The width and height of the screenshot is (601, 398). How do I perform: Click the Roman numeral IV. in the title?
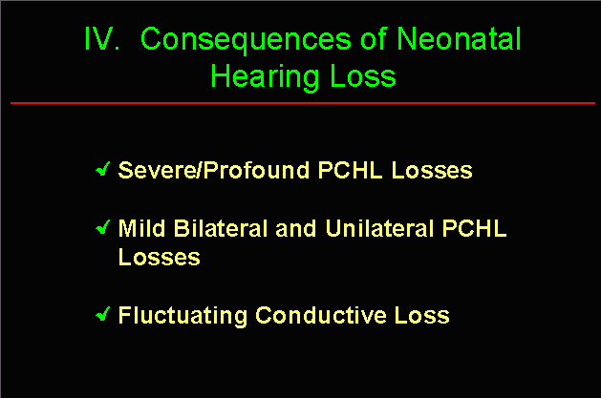pyautogui.click(x=101, y=38)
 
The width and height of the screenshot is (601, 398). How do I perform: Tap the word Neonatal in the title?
pyautogui.click(x=459, y=38)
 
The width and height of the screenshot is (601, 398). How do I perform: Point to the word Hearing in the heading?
pyautogui.click(x=265, y=77)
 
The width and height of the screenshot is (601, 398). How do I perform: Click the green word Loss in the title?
pyautogui.click(x=362, y=75)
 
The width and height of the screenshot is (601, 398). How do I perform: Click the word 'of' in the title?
pyautogui.click(x=374, y=38)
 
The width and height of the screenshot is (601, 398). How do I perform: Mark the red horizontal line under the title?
pyautogui.click(x=303, y=103)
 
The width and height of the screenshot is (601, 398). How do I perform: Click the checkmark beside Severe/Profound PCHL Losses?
pyautogui.click(x=103, y=169)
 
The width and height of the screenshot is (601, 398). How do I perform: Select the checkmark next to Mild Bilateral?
pyautogui.click(x=103, y=227)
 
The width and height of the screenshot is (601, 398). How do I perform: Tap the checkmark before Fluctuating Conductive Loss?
pyautogui.click(x=103, y=314)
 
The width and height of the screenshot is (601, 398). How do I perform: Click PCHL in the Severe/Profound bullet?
pyautogui.click(x=351, y=170)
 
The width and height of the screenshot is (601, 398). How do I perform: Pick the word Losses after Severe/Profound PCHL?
pyautogui.click(x=432, y=170)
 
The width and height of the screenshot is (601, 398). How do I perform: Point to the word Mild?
pyautogui.click(x=141, y=228)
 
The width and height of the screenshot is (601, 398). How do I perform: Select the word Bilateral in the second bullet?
pyautogui.click(x=221, y=228)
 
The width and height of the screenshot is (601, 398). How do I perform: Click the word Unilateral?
pyautogui.click(x=379, y=228)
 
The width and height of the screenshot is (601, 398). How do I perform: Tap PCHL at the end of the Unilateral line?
pyautogui.click(x=475, y=228)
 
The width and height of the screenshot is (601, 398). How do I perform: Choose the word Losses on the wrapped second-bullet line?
pyautogui.click(x=159, y=257)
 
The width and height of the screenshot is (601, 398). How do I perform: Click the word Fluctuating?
pyautogui.click(x=182, y=316)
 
